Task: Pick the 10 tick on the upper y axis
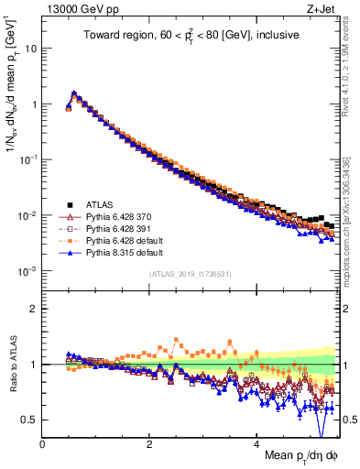tap(30, 48)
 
